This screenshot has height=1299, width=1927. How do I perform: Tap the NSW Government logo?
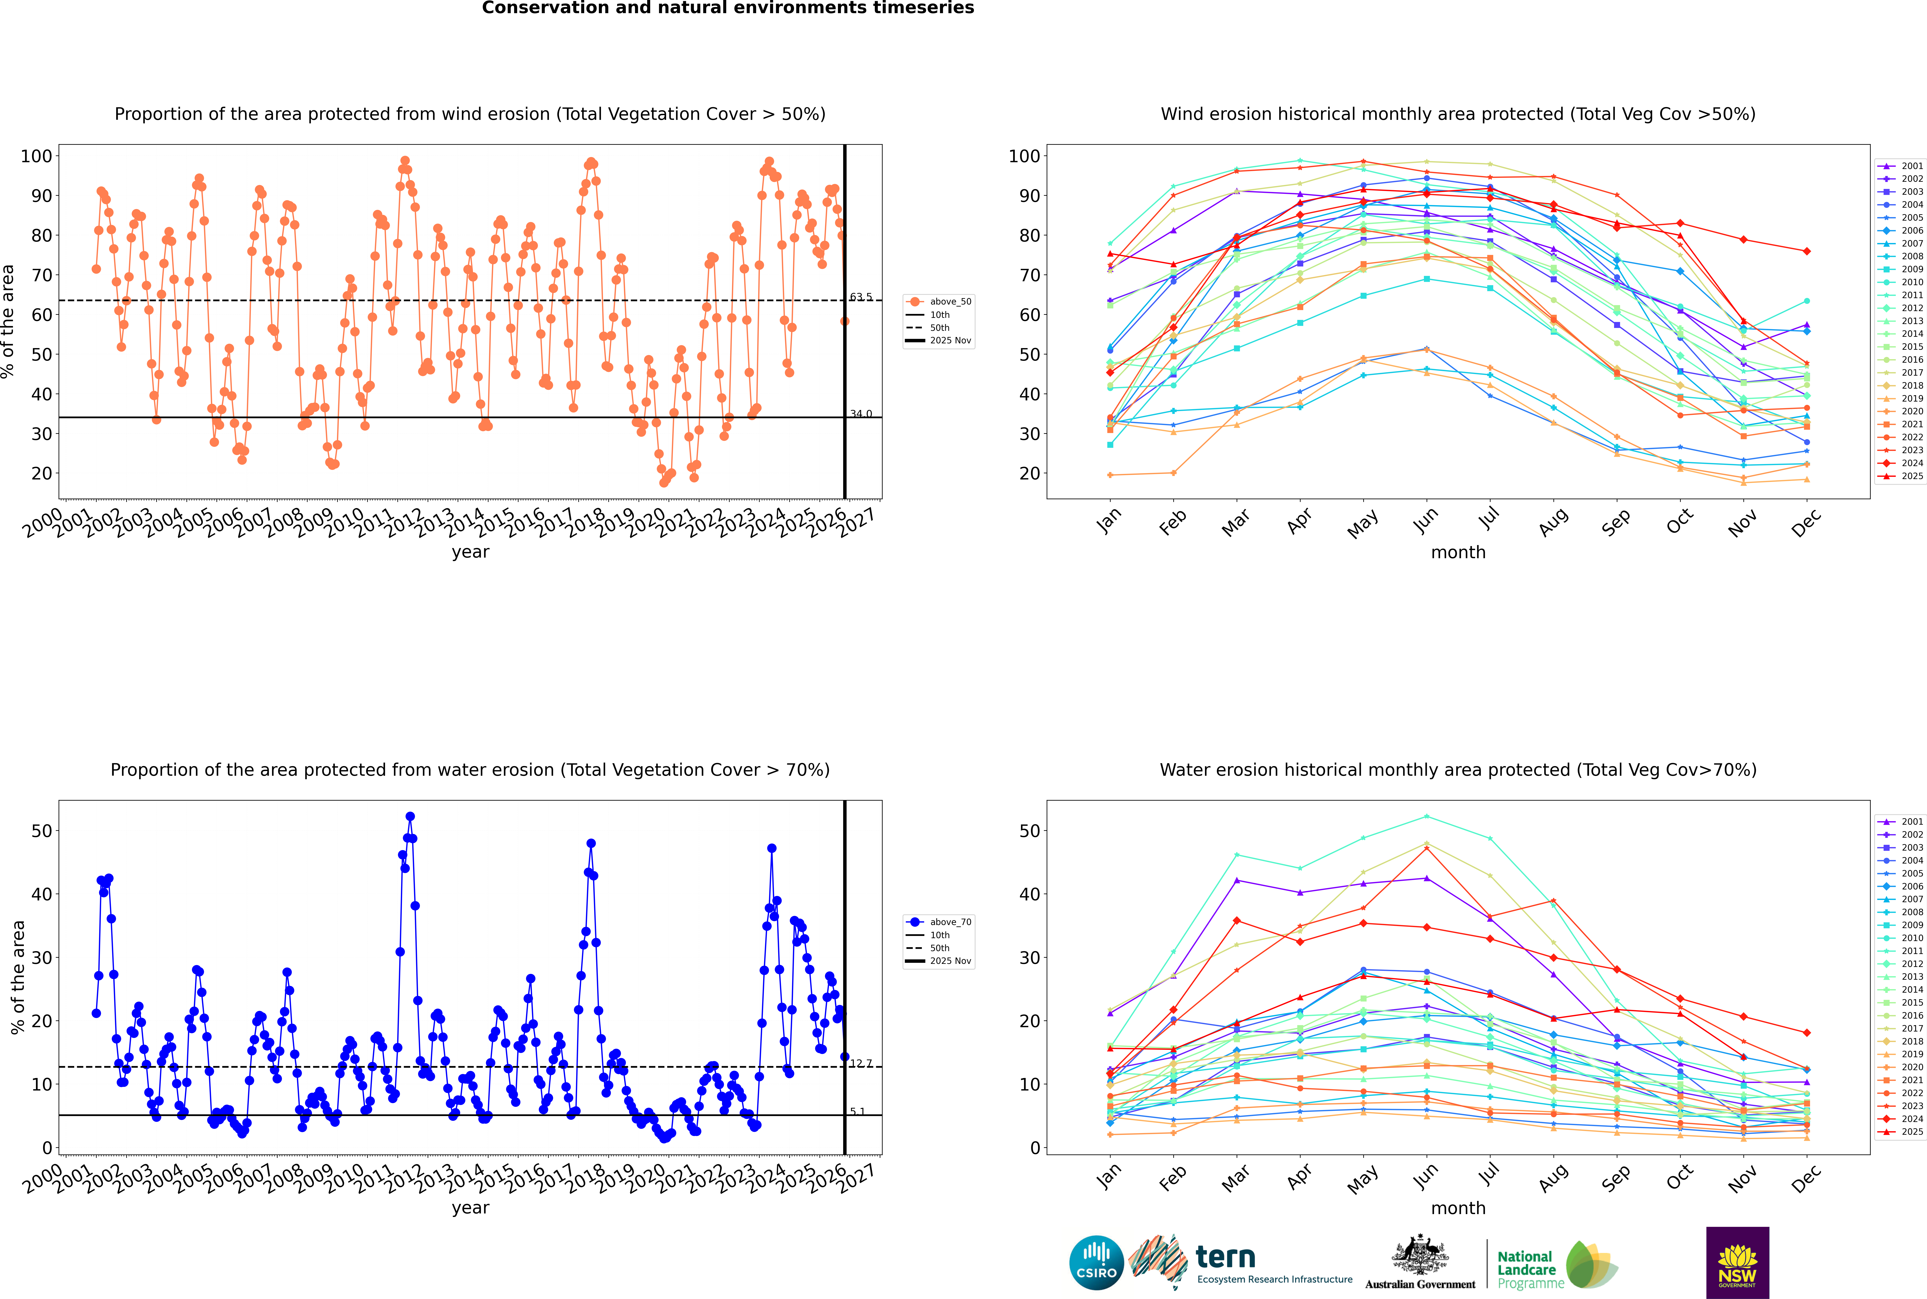tap(1737, 1262)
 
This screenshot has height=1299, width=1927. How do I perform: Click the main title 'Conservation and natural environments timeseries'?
tap(727, 8)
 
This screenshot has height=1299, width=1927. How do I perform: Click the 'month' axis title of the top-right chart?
tap(1458, 553)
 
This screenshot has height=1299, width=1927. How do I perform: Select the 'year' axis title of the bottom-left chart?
tap(470, 1208)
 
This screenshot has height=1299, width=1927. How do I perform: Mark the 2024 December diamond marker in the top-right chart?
tap(1807, 251)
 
